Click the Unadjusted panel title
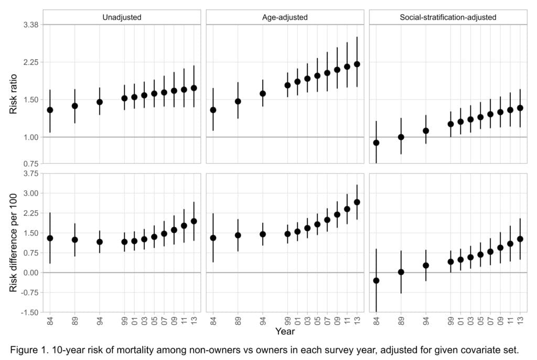[x=122, y=17]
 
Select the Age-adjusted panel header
[x=285, y=17]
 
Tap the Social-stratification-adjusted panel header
[x=448, y=17]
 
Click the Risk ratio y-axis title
[x=13, y=94]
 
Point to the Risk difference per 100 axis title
[x=13, y=243]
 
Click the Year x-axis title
[x=285, y=331]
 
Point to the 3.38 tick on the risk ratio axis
[x=31, y=25]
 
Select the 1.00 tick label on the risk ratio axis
[x=31, y=137]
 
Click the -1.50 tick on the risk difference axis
[x=30, y=312]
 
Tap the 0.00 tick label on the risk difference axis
[x=31, y=272]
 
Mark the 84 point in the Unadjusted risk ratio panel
[x=50, y=110]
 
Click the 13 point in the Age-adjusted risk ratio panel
[x=357, y=64]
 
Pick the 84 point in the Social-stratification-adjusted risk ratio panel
[x=376, y=143]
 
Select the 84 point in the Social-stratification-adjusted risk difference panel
[x=376, y=280]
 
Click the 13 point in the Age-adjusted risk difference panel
[x=357, y=202]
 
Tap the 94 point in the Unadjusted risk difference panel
[x=100, y=242]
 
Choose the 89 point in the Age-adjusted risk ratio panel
[x=238, y=101]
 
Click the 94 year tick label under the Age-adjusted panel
[x=263, y=321]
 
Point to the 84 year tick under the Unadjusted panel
[x=50, y=321]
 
